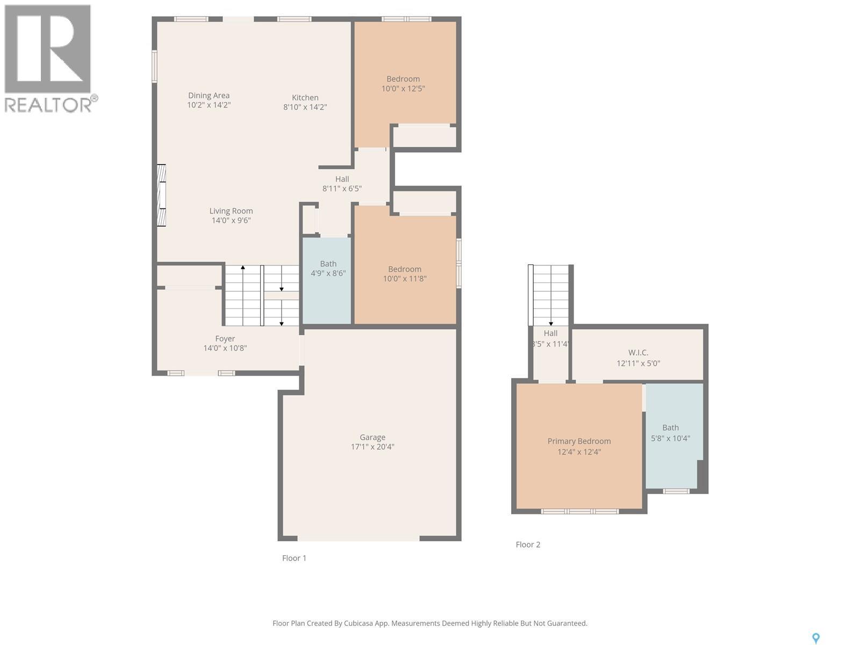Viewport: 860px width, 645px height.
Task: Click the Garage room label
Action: coord(372,437)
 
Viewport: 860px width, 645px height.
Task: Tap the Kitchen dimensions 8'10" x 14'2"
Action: coord(305,107)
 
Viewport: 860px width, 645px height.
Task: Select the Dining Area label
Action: coord(209,95)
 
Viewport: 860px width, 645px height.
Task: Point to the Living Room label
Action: coord(231,211)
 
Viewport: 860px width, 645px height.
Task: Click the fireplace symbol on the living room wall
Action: coord(161,195)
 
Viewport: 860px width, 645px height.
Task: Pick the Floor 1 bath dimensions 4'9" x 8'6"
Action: coord(328,273)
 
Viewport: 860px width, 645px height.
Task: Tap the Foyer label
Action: coord(225,338)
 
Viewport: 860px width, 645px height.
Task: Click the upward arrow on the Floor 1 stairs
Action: coord(243,267)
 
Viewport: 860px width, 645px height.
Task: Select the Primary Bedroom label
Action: coord(579,441)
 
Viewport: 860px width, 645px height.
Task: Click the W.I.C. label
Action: coord(638,352)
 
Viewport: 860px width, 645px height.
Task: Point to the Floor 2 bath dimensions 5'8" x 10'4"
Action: coord(670,438)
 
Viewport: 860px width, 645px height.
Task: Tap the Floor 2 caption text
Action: coord(528,544)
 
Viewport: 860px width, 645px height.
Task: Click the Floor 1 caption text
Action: coord(294,558)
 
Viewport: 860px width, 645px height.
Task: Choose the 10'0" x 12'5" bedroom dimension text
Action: coord(403,89)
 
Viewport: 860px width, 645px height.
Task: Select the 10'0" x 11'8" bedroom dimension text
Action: coord(405,278)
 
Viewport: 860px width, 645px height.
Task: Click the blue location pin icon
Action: coord(815,638)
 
